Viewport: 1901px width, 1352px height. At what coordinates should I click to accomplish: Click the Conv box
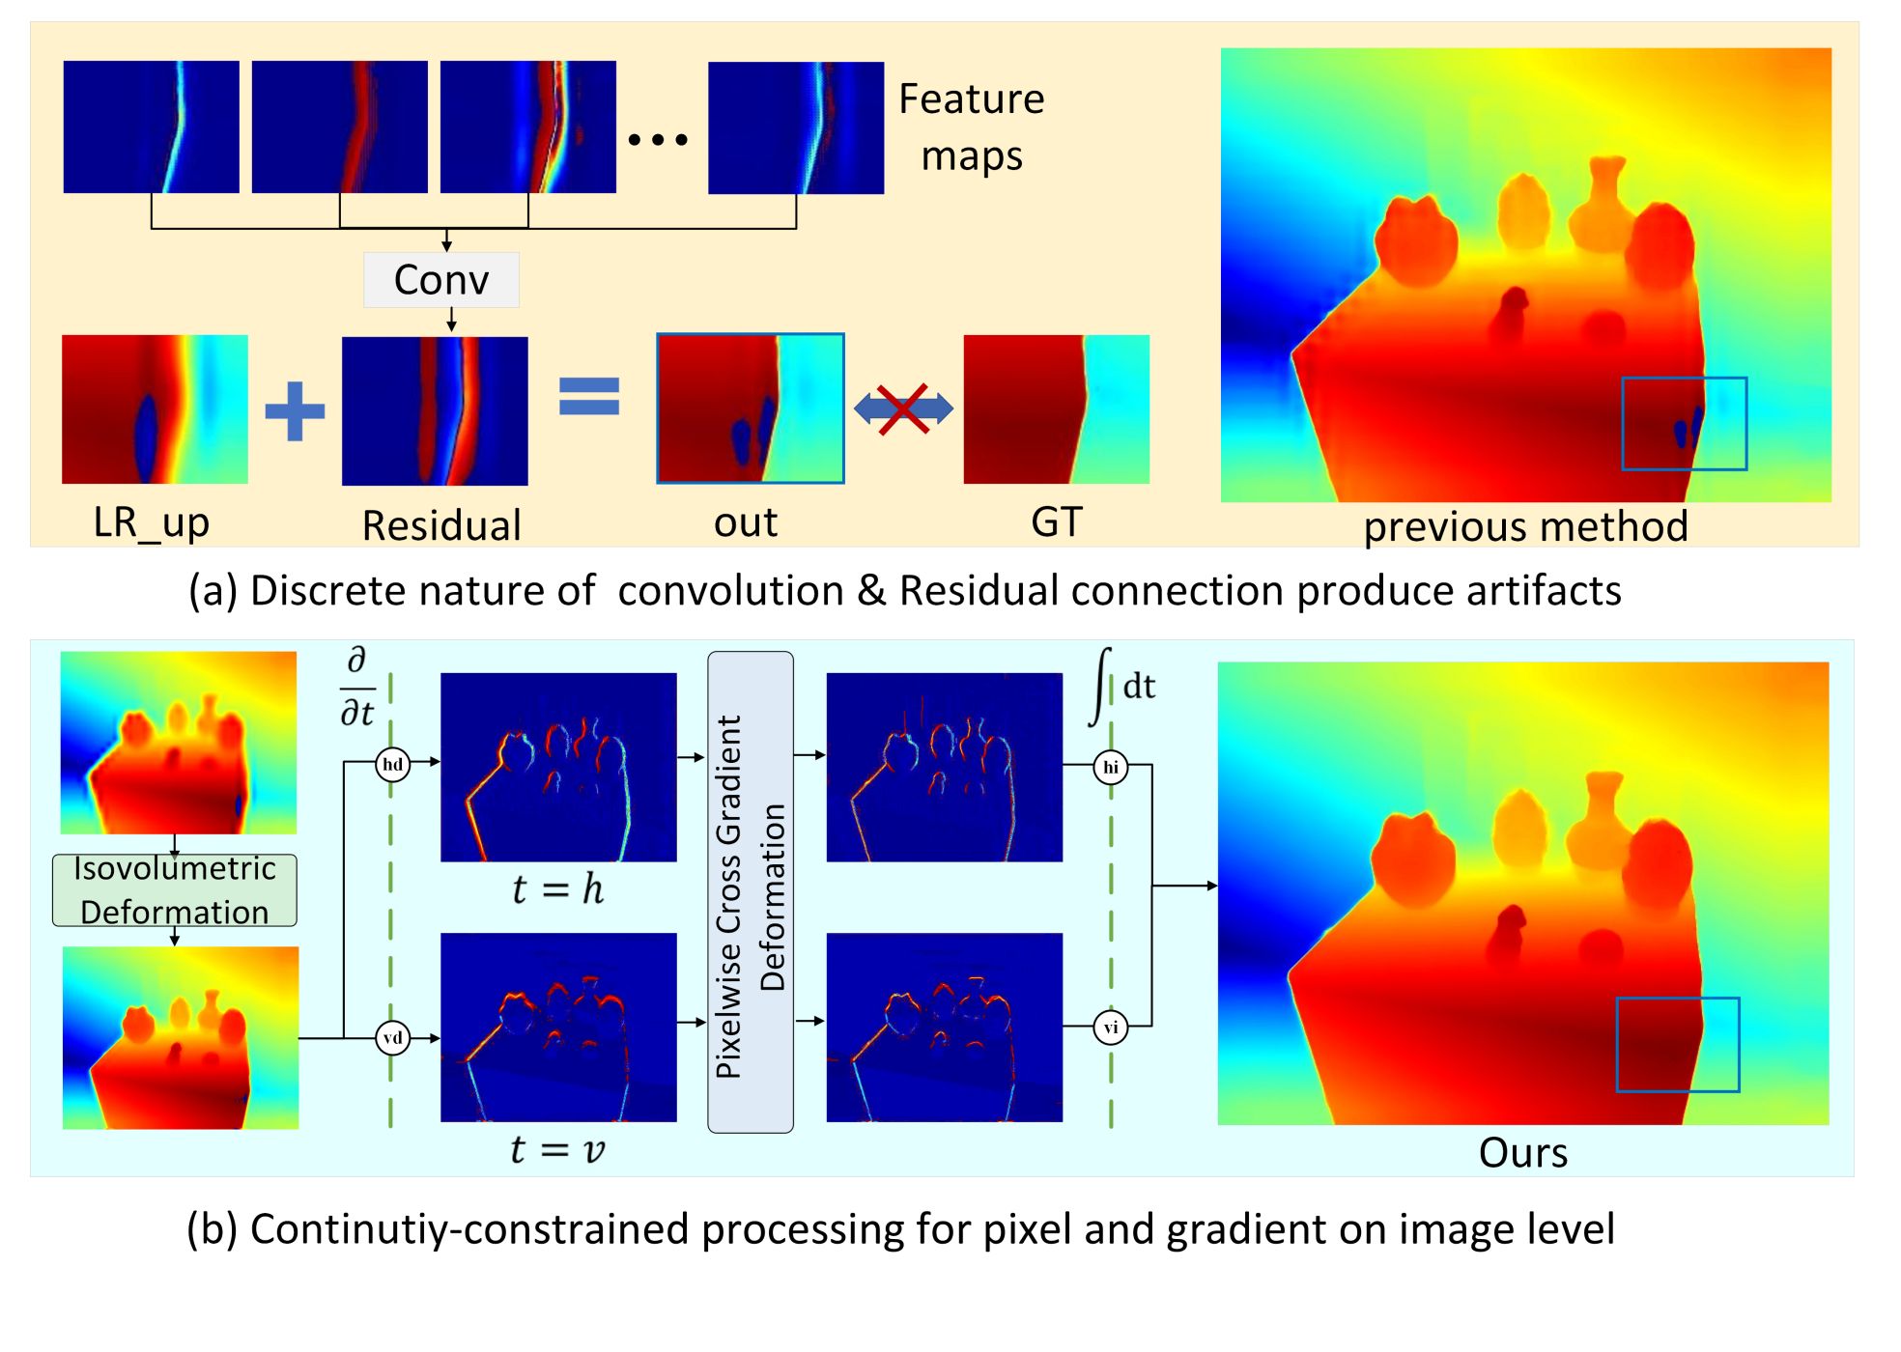pos(441,280)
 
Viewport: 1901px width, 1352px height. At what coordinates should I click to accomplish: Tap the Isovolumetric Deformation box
pos(175,890)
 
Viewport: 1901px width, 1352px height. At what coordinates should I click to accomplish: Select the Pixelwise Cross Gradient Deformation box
pos(751,892)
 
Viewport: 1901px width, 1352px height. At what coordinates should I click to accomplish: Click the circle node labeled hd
pos(392,765)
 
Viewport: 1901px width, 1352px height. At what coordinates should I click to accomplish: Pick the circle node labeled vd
pos(392,1038)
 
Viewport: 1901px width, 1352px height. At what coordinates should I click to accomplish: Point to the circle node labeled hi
pos(1111,767)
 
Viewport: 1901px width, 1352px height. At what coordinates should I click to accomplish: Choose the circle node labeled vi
pos(1111,1027)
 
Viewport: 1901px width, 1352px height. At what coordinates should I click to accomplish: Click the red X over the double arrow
pos(903,408)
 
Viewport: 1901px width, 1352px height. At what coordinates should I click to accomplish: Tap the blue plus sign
pos(295,410)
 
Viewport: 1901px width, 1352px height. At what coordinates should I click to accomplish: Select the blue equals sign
pos(589,396)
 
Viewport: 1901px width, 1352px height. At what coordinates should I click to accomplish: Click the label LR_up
pos(152,522)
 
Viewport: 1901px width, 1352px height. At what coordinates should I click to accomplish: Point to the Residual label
pos(441,525)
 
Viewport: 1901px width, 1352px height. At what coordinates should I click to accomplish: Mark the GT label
pos(1057,522)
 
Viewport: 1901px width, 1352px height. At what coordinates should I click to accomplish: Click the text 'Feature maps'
pos(972,127)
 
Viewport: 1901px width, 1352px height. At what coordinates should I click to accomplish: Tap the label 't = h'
pos(558,889)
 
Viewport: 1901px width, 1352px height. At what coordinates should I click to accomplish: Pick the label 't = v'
pos(558,1149)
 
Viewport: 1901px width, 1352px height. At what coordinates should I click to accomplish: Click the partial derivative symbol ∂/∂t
pos(357,687)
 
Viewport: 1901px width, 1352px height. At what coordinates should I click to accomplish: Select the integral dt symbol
pos(1122,686)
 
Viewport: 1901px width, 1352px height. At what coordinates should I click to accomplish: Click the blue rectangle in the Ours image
pos(1678,1045)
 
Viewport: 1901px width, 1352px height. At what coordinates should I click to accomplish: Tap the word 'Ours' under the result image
pos(1523,1153)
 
